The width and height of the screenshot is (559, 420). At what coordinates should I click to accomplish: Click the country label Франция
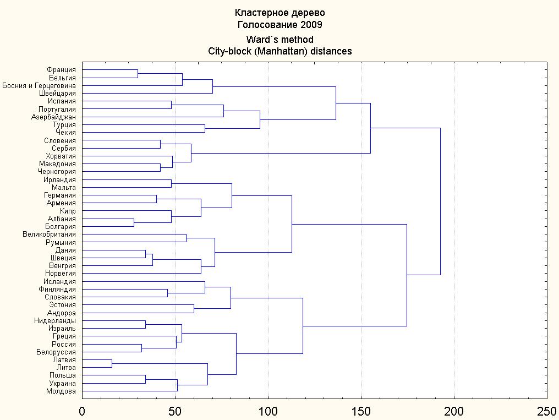click(62, 70)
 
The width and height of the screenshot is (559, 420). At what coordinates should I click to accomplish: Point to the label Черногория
click(58, 172)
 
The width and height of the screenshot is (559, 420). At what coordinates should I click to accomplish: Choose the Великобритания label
click(50, 234)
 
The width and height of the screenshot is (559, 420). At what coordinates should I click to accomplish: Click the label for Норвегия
click(61, 274)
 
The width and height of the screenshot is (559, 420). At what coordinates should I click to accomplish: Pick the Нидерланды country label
click(54, 320)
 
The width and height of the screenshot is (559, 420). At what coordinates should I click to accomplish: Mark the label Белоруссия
click(56, 352)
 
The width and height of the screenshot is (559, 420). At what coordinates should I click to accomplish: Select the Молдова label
click(61, 391)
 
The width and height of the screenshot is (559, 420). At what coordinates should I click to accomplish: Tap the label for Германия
click(60, 195)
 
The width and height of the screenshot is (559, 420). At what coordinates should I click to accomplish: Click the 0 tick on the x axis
click(82, 411)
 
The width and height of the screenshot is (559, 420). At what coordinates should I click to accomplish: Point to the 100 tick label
click(268, 411)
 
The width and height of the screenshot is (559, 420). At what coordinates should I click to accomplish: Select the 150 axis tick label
click(361, 411)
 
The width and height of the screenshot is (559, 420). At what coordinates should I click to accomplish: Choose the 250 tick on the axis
click(546, 411)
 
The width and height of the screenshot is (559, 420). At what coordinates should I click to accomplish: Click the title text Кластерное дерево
click(279, 13)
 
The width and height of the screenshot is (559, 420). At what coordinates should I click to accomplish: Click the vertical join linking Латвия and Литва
click(112, 364)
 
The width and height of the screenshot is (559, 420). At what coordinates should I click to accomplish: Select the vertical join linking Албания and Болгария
click(134, 223)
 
